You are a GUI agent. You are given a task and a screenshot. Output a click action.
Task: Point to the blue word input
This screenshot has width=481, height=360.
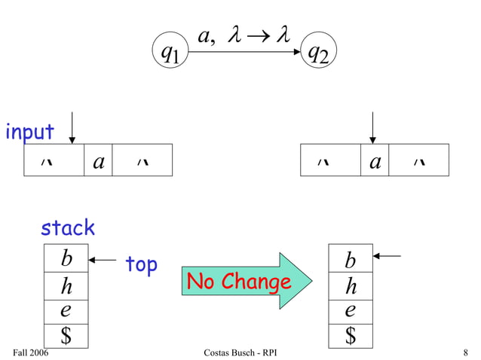tap(30, 132)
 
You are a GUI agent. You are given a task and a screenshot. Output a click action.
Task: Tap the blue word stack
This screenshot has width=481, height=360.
tap(68, 227)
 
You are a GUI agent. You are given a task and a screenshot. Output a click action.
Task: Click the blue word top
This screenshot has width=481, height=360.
tap(141, 264)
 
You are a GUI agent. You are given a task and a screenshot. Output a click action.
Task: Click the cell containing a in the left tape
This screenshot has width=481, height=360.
tap(98, 160)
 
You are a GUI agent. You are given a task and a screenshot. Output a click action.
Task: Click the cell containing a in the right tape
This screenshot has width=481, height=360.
tap(375, 160)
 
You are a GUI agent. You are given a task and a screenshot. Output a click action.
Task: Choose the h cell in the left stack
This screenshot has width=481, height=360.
tap(66, 286)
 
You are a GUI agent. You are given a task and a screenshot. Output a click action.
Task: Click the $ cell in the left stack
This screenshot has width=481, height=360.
tap(66, 335)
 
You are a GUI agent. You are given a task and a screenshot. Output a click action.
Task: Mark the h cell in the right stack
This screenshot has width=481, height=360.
tap(351, 286)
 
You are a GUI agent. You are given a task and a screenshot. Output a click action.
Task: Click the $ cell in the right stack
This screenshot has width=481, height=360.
tap(351, 335)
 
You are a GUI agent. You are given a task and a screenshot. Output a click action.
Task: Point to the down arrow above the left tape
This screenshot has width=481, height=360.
tap(72, 127)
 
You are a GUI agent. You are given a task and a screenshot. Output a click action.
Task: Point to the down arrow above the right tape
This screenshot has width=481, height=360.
tap(372, 127)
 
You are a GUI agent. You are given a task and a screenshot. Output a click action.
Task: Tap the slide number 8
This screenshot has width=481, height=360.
tap(467, 352)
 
